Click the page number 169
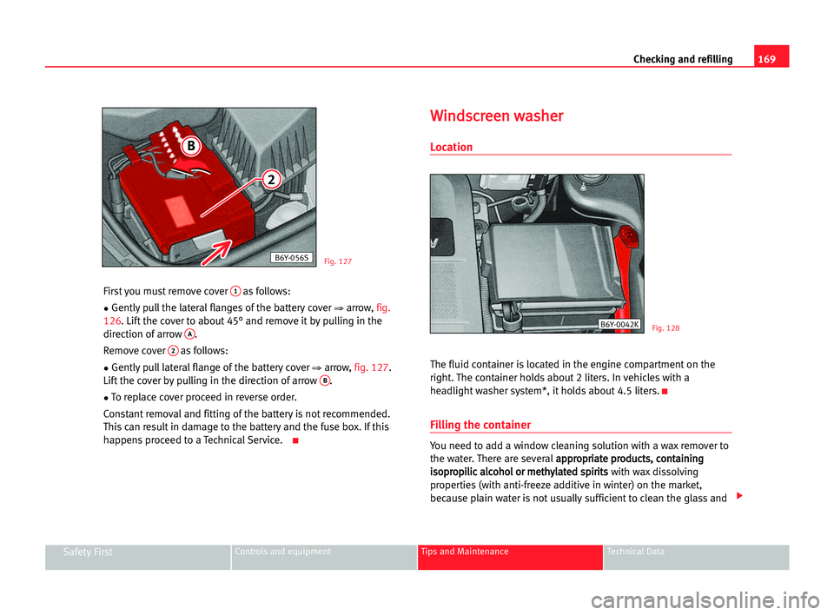pos(766,59)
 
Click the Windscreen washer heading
pos(496,116)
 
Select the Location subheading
pos(451,147)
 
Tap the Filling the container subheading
pos(480,425)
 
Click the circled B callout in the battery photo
pos(190,146)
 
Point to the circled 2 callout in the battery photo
pos(271,179)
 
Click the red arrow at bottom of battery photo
pos(216,252)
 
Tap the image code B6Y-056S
pos(291,257)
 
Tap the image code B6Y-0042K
pos(619,325)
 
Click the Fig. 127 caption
pos(338,261)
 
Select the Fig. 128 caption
pos(666,327)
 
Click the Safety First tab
pos(88,552)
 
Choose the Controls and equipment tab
pos(282,552)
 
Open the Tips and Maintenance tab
pos(464,552)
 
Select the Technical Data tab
pos(636,552)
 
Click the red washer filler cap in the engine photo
pos(627,235)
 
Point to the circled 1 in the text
pos(235,291)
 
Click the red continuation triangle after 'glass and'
pos(738,496)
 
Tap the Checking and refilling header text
pos(683,59)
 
